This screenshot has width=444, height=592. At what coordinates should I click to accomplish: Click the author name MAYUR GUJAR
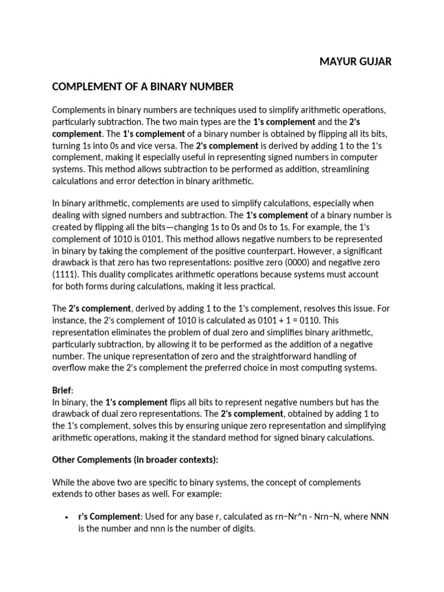pyautogui.click(x=356, y=61)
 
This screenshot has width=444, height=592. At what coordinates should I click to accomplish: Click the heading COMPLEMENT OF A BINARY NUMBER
pyautogui.click(x=143, y=87)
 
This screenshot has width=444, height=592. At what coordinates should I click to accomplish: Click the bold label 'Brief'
pyautogui.click(x=62, y=390)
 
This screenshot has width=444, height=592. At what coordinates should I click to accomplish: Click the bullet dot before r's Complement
pyautogui.click(x=68, y=517)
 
